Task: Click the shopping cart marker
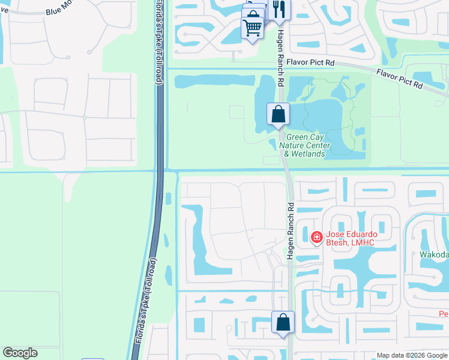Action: tap(252, 27)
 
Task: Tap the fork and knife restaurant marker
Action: tap(279, 9)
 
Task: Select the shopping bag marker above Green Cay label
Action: tap(278, 114)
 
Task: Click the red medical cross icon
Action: tap(316, 238)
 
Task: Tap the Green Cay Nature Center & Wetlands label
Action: tap(307, 145)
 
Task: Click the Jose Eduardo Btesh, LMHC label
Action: tap(350, 238)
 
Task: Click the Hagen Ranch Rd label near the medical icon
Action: tap(291, 230)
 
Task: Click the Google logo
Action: tap(20, 353)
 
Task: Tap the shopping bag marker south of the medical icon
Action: tap(283, 322)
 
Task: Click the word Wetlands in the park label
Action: tap(309, 154)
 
